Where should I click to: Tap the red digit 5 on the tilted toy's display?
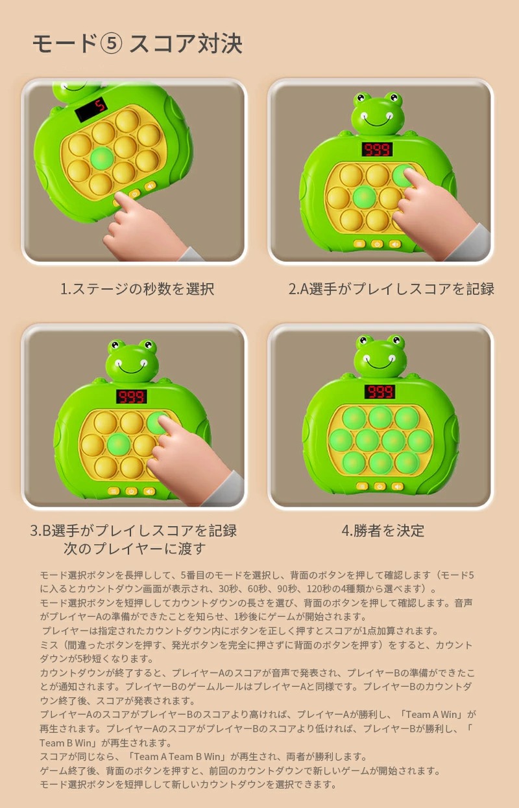point(99,106)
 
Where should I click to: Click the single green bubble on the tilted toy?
point(101,158)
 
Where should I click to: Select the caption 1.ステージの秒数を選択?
point(138,289)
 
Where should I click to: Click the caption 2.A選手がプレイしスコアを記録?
point(391,289)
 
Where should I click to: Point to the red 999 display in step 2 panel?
point(378,149)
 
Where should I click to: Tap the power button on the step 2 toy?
point(377,244)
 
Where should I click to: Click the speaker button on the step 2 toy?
point(395,244)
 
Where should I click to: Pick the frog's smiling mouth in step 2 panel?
point(378,121)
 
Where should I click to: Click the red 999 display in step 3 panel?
point(132,397)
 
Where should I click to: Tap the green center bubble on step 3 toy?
point(119,444)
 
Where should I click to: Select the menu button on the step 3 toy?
point(114,491)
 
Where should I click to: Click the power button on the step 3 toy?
point(131,491)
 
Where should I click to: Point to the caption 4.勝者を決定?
point(383,531)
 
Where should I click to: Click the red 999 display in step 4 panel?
point(380,392)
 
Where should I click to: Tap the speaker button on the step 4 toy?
point(397,486)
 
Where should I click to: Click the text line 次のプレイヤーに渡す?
point(134,549)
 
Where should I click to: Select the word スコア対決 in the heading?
point(186,44)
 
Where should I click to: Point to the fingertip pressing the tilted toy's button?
point(119,198)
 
